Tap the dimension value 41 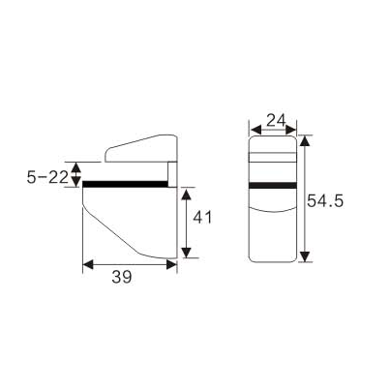coord(202,218)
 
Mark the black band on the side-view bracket coord(126,183)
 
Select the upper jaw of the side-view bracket coord(142,150)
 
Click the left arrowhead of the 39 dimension coord(87,262)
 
